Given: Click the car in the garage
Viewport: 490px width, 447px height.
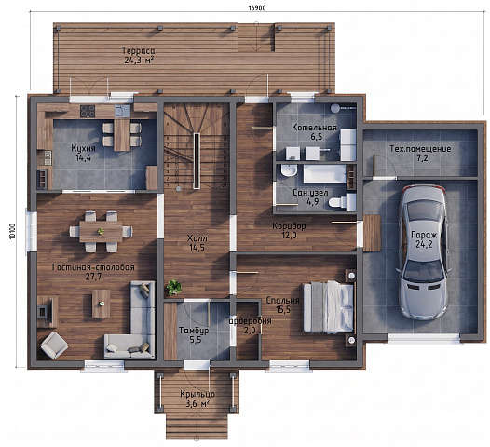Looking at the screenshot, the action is coord(424,251).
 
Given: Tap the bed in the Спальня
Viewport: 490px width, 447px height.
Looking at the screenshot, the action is coord(329,306).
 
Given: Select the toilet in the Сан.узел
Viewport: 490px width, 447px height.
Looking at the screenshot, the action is coord(343,201).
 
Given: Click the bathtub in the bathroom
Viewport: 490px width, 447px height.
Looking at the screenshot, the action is coord(325,174).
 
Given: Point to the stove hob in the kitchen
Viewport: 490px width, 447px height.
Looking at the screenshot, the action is coord(88,111).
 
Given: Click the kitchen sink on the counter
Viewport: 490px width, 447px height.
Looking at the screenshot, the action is coord(123,111).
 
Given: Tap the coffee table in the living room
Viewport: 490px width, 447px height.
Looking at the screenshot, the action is coord(101,304).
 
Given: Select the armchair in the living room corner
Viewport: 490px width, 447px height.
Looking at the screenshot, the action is coord(54,345).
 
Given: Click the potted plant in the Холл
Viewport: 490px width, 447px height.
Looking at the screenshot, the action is coord(174,287).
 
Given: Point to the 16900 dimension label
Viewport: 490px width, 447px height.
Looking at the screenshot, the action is coord(257,8).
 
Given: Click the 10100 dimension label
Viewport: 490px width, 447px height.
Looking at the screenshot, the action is coord(13,232).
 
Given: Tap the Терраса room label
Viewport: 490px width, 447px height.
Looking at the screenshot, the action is coord(138,50).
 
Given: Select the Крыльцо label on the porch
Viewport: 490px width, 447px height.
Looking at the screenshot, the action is coord(197,394).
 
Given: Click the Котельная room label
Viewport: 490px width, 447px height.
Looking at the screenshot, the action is coord(314,128).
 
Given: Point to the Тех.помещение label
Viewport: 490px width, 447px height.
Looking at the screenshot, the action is coord(420,149).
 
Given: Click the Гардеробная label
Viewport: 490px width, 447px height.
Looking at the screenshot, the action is coord(248,320).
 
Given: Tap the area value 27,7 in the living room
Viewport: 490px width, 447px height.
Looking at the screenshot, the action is coord(93,277).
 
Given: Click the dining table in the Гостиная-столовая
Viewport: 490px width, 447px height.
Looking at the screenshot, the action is coord(101,232).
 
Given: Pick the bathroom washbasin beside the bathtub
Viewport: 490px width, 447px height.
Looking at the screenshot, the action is coord(289,171).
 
